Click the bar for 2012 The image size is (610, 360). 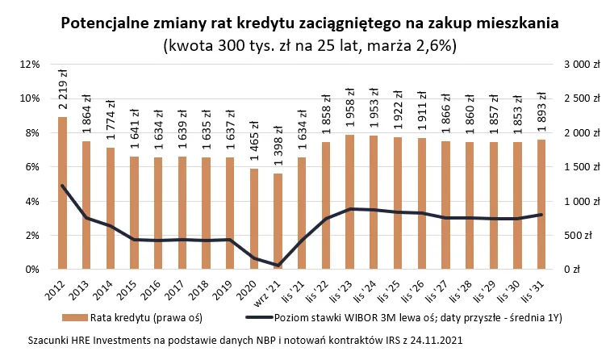[62, 194]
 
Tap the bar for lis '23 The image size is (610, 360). [349, 202]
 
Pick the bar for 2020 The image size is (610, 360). [253, 219]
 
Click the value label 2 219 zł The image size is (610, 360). [63, 95]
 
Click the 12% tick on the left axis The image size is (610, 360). [30, 65]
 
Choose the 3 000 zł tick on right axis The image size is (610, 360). [582, 65]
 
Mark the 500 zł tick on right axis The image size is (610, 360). [585, 236]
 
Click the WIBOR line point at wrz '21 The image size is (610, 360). [278, 265]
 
